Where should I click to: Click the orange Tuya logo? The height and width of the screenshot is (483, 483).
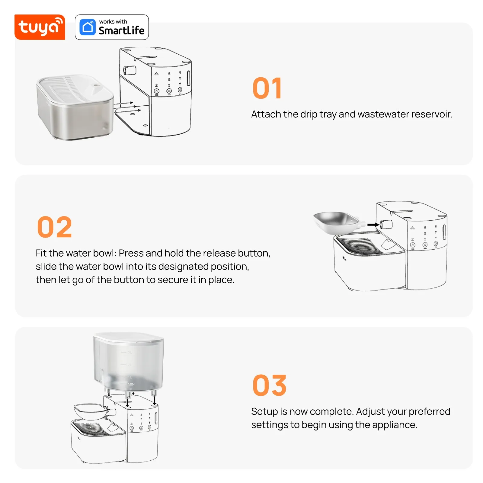(40, 27)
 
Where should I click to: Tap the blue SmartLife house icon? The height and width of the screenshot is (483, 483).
(88, 27)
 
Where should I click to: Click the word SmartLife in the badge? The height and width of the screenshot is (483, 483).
(122, 30)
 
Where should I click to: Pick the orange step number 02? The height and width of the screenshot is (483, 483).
(54, 227)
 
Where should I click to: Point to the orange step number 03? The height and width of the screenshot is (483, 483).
(270, 385)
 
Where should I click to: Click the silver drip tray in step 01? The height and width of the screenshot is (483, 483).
(75, 107)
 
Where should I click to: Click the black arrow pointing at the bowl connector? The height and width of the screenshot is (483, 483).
(373, 225)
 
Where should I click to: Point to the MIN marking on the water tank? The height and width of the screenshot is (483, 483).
(131, 384)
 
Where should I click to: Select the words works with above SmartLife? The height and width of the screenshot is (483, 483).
(113, 22)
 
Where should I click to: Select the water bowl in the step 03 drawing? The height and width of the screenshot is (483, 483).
(91, 411)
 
